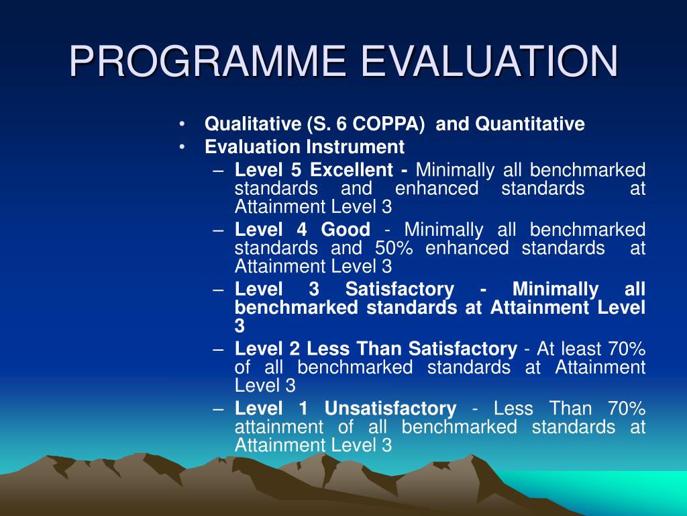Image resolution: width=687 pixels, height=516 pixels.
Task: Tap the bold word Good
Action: tap(346, 230)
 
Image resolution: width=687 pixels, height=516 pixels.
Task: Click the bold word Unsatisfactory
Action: tap(390, 408)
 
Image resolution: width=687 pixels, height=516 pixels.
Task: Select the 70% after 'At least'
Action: tap(627, 349)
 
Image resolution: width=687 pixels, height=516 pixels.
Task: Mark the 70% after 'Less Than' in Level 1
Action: tap(627, 408)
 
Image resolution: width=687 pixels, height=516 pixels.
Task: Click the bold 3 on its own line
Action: tap(240, 327)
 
